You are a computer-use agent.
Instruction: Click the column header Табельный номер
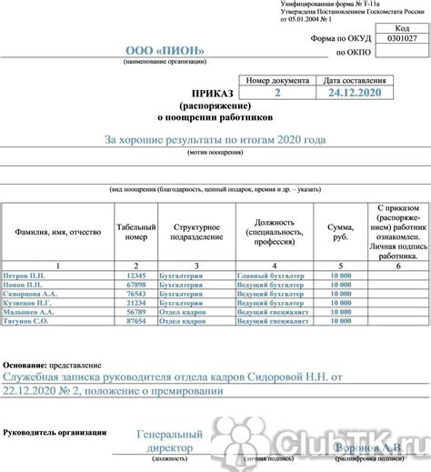tap(135, 232)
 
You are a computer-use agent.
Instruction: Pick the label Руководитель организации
tap(55, 432)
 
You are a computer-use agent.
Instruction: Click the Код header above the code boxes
tap(402, 27)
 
